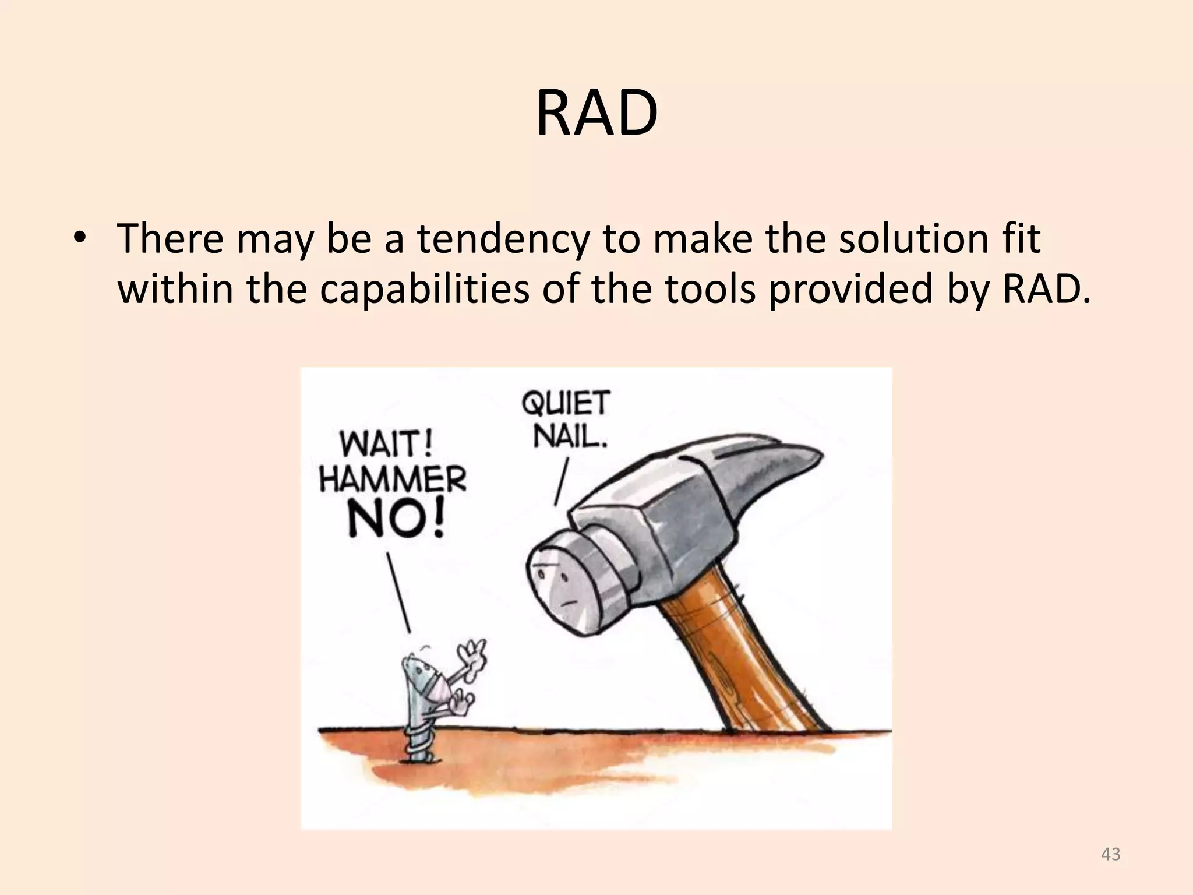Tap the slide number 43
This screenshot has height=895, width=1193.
[1111, 854]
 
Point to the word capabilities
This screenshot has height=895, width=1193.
[424, 289]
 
